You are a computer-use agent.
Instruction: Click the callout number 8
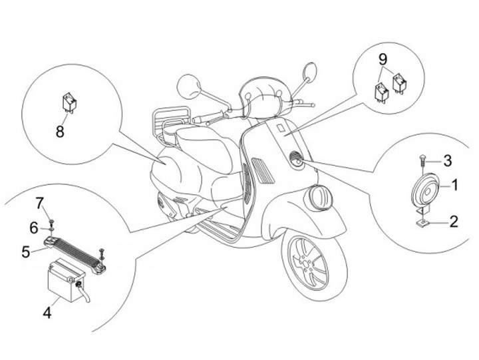pos(60,132)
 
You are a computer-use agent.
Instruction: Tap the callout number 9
pos(383,59)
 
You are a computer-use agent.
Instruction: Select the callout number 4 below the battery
pos(47,312)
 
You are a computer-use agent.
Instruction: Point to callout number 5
pos(26,252)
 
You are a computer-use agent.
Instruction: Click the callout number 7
pos(40,203)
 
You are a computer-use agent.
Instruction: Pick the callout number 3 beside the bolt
pos(448,160)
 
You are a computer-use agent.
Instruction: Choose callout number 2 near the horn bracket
pos(454,221)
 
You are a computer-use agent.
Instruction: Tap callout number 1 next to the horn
pos(454,185)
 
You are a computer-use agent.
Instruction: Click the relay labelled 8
pos(70,102)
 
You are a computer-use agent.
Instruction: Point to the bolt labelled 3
pos(422,161)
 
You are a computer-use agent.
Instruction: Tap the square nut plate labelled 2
pos(422,224)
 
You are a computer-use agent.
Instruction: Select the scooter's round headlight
pos(320,198)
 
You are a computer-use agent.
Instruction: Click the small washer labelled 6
pos(52,228)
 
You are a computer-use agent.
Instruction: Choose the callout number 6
pos(34,228)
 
